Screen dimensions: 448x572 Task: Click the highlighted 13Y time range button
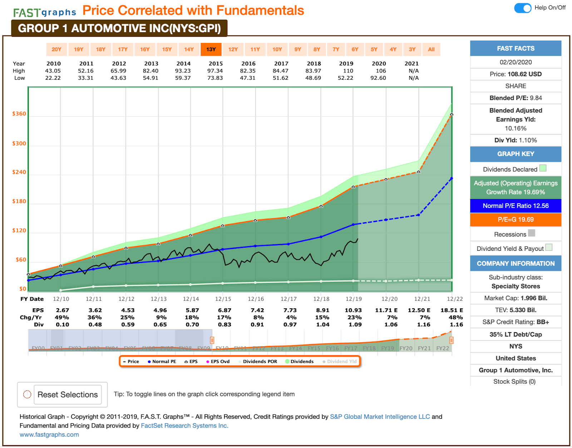coord(211,49)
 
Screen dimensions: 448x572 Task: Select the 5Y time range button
coord(374,49)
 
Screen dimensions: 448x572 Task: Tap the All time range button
coord(431,49)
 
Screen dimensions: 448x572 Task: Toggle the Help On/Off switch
coord(523,8)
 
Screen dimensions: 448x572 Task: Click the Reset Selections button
coord(68,394)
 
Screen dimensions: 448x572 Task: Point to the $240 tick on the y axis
coord(19,172)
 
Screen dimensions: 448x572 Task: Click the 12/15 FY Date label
coord(223,299)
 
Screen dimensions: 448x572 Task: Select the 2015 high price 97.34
coord(215,71)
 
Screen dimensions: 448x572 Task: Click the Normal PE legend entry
coord(162,362)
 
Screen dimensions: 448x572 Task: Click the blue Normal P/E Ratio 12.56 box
coord(516,206)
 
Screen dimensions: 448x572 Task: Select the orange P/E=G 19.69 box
coord(516,220)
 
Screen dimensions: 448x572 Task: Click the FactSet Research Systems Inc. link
coord(184,425)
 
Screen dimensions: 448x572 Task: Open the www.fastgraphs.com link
coord(49,434)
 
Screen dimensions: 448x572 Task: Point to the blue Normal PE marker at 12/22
coord(452,179)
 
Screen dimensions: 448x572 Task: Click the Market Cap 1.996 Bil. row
coord(516,298)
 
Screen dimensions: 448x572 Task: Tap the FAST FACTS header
coord(516,48)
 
